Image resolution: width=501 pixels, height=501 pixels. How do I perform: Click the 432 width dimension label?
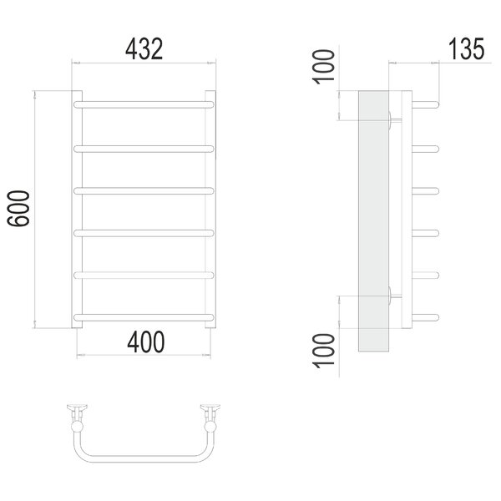coord(144,49)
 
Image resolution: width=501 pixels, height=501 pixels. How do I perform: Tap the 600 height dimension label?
coord(18,209)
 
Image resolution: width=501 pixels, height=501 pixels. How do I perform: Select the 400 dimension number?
coord(146,342)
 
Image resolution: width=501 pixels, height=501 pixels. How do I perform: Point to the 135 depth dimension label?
coord(467,49)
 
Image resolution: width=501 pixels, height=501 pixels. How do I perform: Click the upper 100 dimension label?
coord(323,67)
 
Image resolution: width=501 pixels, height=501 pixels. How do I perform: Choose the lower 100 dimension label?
coord(323,351)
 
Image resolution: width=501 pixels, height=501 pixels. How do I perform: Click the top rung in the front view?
coord(144,104)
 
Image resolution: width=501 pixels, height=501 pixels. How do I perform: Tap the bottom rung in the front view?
coord(144,317)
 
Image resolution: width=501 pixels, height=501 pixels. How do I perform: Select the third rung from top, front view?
coord(144,190)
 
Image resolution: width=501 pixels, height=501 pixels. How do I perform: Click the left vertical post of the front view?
coord(77,210)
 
